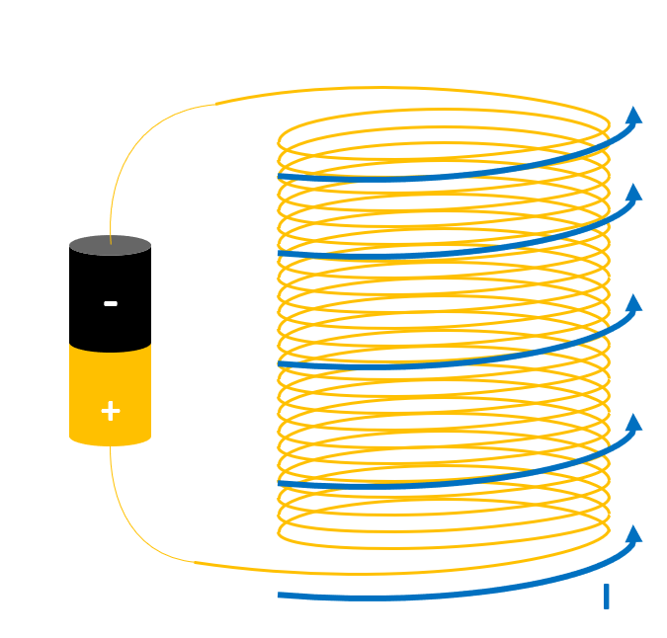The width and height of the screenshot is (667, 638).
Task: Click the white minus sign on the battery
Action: click(x=111, y=303)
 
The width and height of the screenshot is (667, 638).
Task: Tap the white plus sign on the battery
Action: click(x=111, y=411)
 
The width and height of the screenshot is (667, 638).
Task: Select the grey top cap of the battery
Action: click(x=111, y=245)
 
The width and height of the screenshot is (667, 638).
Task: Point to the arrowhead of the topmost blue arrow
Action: click(x=633, y=116)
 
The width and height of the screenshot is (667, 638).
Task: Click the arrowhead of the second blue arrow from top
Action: click(x=633, y=193)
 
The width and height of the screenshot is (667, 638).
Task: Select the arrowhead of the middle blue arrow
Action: click(x=633, y=303)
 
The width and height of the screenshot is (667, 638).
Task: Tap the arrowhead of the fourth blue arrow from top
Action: click(x=633, y=423)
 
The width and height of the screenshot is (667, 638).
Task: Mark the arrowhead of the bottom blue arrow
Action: click(x=633, y=534)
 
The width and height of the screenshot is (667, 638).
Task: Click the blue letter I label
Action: click(x=606, y=597)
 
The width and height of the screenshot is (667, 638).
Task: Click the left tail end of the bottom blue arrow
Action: click(x=282, y=595)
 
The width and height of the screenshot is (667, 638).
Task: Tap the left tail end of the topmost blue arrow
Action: click(x=282, y=177)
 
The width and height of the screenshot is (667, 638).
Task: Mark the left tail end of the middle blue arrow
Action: click(x=282, y=364)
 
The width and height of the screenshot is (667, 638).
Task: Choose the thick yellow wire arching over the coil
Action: click(x=395, y=89)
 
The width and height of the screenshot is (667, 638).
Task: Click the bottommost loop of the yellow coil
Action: click(x=445, y=547)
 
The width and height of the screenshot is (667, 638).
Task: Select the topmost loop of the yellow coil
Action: click(x=445, y=112)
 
